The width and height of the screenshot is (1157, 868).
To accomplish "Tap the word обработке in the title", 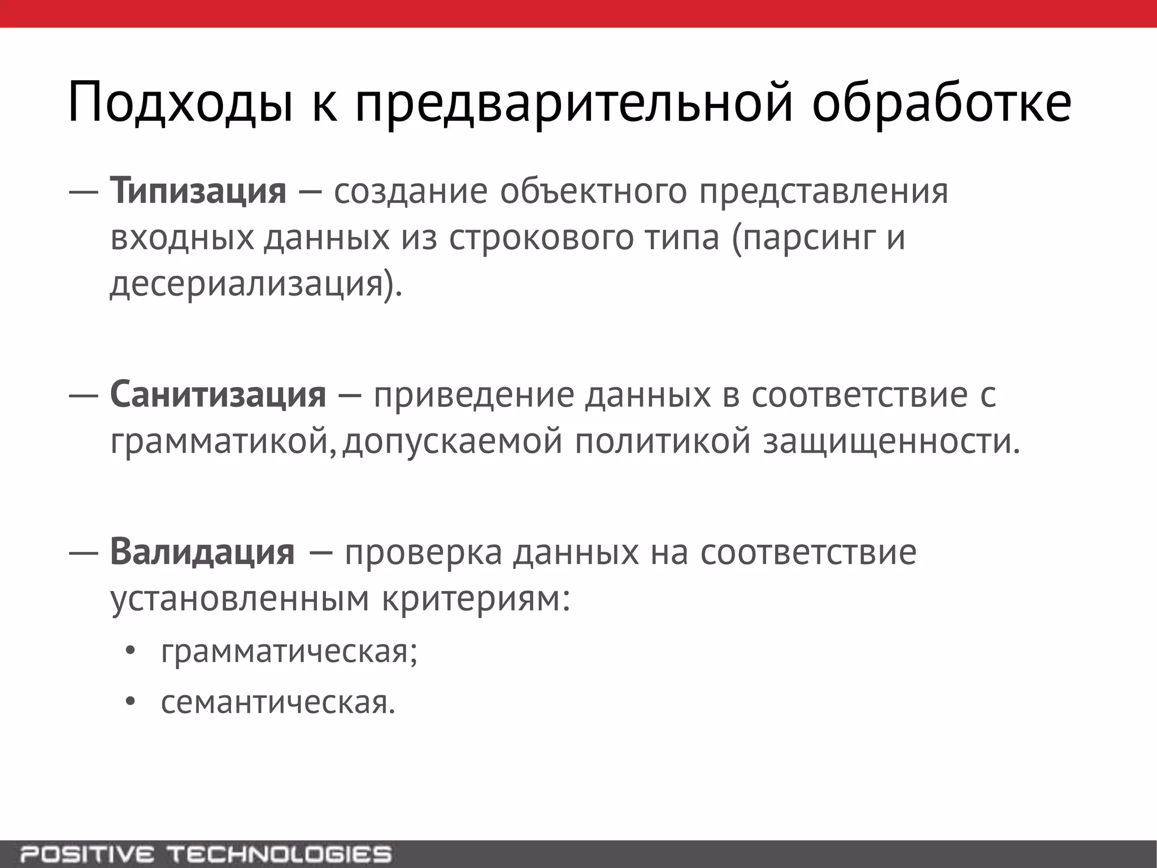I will [941, 103].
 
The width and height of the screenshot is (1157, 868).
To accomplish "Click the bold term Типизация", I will [198, 191].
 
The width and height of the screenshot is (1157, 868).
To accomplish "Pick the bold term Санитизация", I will [218, 394].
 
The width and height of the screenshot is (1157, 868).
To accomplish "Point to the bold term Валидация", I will [202, 552].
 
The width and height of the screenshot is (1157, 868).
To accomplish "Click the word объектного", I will [593, 191].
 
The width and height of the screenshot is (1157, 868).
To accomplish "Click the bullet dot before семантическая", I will [131, 702].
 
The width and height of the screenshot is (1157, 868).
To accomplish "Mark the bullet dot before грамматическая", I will [131, 652].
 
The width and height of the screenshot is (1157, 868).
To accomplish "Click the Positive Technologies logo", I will [206, 853].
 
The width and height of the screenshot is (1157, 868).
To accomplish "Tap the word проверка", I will [423, 552].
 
